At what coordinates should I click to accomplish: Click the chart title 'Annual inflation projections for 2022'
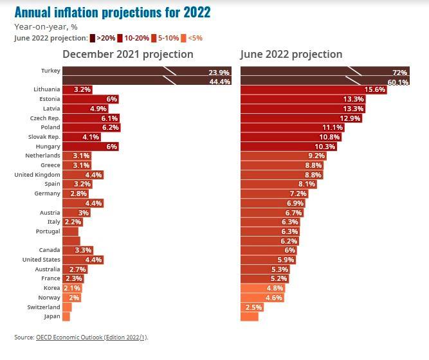tap(112, 12)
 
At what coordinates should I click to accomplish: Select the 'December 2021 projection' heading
tap(128, 54)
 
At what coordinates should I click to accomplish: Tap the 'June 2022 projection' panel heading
tap(291, 54)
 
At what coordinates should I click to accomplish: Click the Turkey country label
tap(50, 71)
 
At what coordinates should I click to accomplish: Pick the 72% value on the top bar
tap(399, 73)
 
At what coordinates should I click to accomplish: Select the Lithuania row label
tap(47, 89)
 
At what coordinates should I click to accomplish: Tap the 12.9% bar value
tap(349, 118)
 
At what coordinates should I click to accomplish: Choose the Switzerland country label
tap(43, 307)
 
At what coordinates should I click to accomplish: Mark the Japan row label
tap(51, 316)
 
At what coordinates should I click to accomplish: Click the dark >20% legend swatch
tap(93, 38)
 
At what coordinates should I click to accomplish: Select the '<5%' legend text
tap(195, 38)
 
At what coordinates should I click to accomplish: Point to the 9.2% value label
tap(316, 156)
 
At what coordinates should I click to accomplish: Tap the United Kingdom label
tap(37, 175)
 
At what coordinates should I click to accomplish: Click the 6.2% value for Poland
tap(110, 128)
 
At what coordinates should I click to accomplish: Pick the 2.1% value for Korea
tap(72, 288)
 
